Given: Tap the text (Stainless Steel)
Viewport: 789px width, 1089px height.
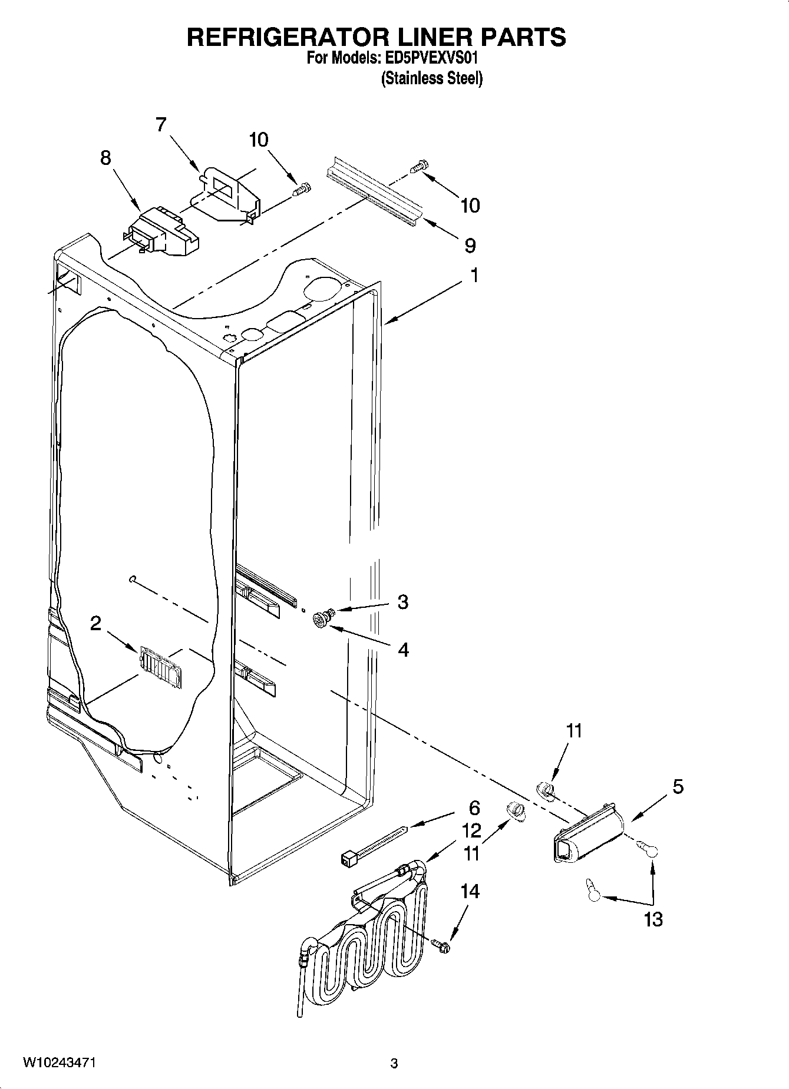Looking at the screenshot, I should pos(431,78).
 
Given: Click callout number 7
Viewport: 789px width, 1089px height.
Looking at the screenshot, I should pos(161,125).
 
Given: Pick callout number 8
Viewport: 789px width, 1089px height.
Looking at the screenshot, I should pos(105,158).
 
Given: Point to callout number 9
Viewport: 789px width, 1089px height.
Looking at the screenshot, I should pos(470,245).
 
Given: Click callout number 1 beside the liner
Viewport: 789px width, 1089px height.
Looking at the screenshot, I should pos(473,276).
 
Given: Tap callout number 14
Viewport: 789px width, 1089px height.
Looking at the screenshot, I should pos(470,892).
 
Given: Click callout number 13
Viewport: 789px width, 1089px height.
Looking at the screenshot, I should pos(653,919).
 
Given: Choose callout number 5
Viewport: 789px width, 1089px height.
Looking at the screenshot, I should pos(678,786).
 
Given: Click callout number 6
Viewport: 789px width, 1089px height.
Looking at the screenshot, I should pos(474,808).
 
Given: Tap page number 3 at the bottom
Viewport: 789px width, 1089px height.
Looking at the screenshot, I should pos(394,1064).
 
